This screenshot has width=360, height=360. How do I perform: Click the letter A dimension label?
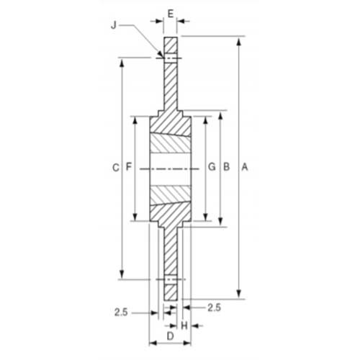point(245,168)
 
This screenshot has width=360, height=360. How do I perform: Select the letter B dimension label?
point(225,168)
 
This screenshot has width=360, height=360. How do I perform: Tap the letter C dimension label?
point(115,168)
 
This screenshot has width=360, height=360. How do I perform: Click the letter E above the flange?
point(170,13)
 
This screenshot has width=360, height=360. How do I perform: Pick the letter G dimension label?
point(212,168)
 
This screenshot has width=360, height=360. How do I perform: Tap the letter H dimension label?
point(184,325)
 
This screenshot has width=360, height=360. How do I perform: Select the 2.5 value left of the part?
point(121,312)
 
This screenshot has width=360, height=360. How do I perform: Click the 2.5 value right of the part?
point(214,307)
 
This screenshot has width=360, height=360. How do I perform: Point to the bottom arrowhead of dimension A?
point(238,296)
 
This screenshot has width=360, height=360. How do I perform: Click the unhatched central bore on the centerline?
point(170,168)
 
